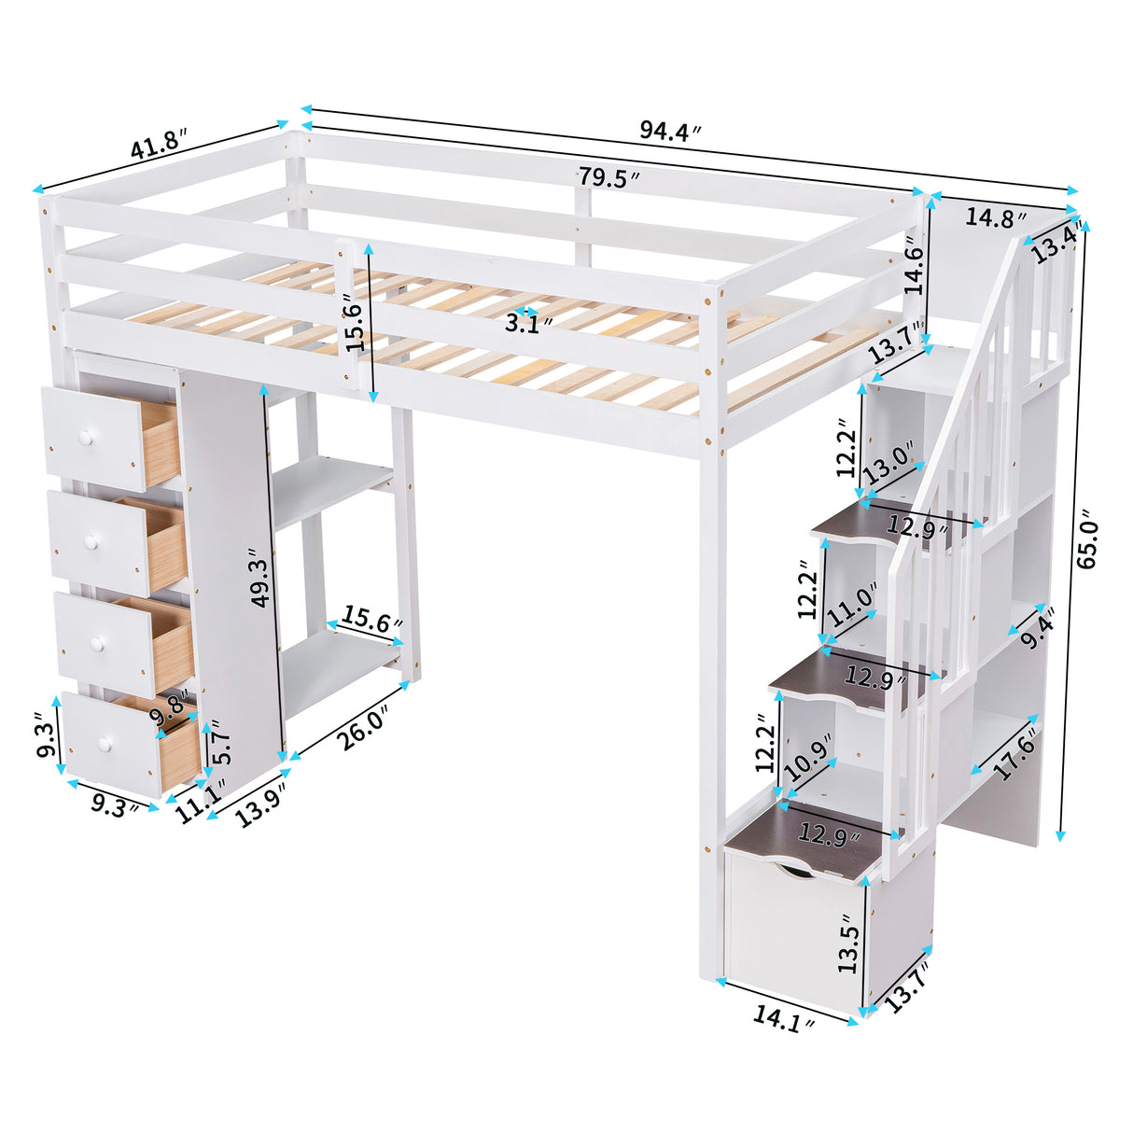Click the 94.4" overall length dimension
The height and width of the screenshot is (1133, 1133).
(x=669, y=132)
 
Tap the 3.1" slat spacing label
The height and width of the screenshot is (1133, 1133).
(x=527, y=324)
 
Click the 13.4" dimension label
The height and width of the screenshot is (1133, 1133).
(x=1056, y=243)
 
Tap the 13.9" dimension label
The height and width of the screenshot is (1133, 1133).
(x=259, y=804)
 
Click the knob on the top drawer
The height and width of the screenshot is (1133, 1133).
(x=87, y=437)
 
